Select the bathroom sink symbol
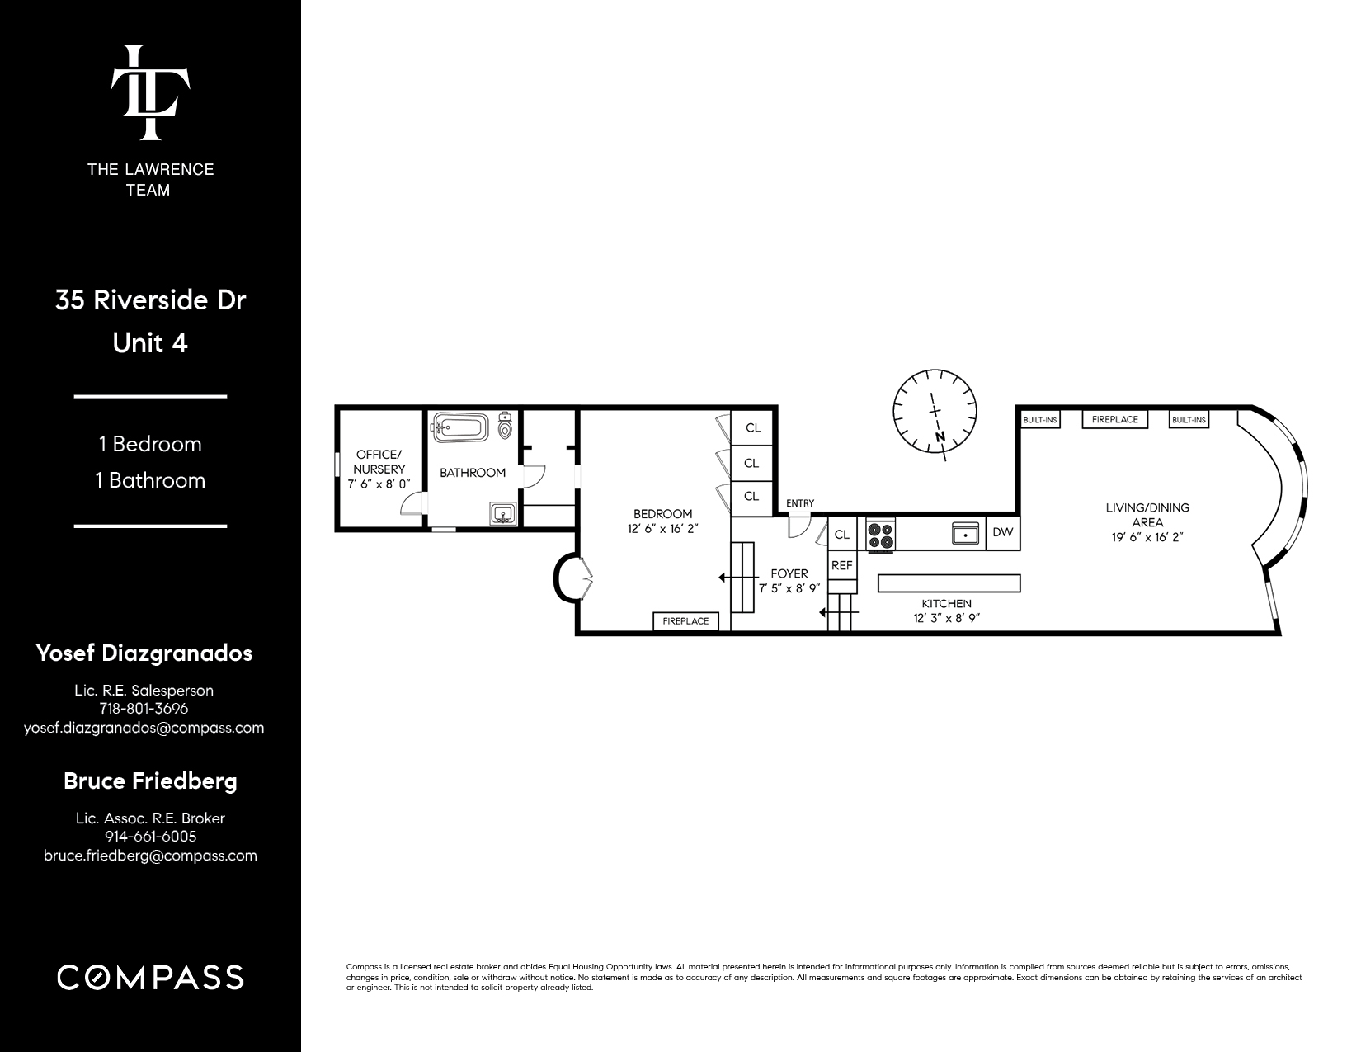pyautogui.click(x=503, y=515)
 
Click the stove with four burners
pyautogui.click(x=881, y=533)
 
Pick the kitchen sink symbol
pyautogui.click(x=965, y=534)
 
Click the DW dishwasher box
pyautogui.click(x=1002, y=532)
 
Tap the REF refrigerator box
pyautogui.click(x=841, y=565)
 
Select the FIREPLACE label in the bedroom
pyautogui.click(x=685, y=620)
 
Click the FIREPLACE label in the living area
pyautogui.click(x=1114, y=419)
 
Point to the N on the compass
pyautogui.click(x=940, y=436)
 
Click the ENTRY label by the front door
pyautogui.click(x=799, y=503)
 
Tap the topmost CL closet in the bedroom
pyautogui.click(x=752, y=428)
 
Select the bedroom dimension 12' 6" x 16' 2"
pyautogui.click(x=662, y=530)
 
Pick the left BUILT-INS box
pyautogui.click(x=1039, y=420)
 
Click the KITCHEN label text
pyautogui.click(x=946, y=603)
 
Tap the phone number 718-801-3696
pyautogui.click(x=144, y=708)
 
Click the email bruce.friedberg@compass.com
pyautogui.click(x=150, y=856)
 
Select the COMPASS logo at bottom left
pyautogui.click(x=150, y=978)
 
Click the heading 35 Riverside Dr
pyautogui.click(x=150, y=300)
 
